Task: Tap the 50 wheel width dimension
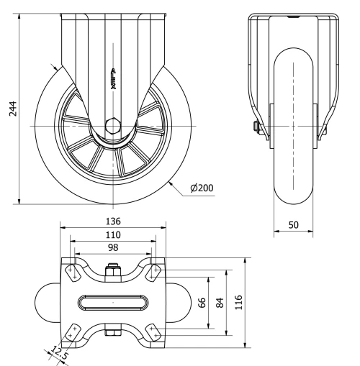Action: tap(294, 224)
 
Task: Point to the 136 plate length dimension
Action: tap(113, 221)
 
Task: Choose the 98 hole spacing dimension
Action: tap(113, 247)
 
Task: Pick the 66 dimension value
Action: tap(202, 302)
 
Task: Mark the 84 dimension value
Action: tap(220, 302)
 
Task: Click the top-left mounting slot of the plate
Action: tap(73, 273)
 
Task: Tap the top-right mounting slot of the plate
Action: tap(153, 273)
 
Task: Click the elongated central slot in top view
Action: tap(113, 302)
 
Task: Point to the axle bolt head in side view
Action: tap(256, 127)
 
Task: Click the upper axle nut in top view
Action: tap(113, 271)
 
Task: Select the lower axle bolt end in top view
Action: tap(113, 332)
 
